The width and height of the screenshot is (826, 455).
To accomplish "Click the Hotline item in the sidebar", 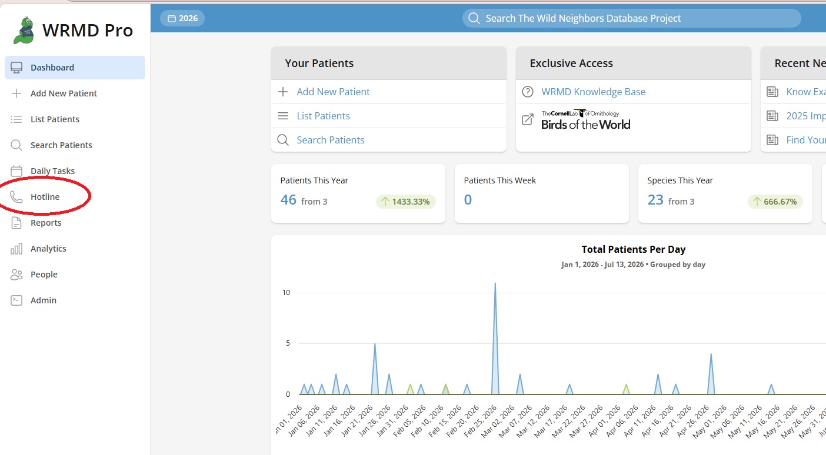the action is pos(45,197).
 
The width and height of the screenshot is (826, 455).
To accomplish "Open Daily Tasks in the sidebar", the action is pos(52,171).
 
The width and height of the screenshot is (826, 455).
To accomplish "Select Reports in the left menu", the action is pos(46,223).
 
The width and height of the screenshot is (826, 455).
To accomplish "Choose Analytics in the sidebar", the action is pos(48,249).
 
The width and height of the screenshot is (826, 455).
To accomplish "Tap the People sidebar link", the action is pos(44,275).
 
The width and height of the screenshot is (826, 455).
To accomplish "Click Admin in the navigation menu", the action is pos(43,300).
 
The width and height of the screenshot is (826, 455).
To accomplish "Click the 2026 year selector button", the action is pos(182,18).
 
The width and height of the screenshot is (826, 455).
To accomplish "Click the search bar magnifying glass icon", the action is pos(474,18).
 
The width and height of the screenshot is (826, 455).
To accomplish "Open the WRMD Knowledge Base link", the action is pos(593,92).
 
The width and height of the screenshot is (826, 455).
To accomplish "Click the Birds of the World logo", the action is pos(585,120).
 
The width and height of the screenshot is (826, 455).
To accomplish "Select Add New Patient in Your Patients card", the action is pos(333,92).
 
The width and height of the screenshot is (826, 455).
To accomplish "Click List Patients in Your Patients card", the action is pos(323,116).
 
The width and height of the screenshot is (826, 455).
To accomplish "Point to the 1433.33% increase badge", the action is pos(405,202).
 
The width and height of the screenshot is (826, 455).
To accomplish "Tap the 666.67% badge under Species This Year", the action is pos(775,202).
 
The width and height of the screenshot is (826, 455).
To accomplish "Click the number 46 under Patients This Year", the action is pos(288,200).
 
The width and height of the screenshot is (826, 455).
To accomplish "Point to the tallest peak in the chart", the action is pos(495,283).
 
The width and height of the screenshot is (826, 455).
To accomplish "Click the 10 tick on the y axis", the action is pos(286,293).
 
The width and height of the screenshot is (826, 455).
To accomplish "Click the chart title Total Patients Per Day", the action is pos(633,249).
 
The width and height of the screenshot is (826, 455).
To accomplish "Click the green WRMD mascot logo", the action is pos(24,30).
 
